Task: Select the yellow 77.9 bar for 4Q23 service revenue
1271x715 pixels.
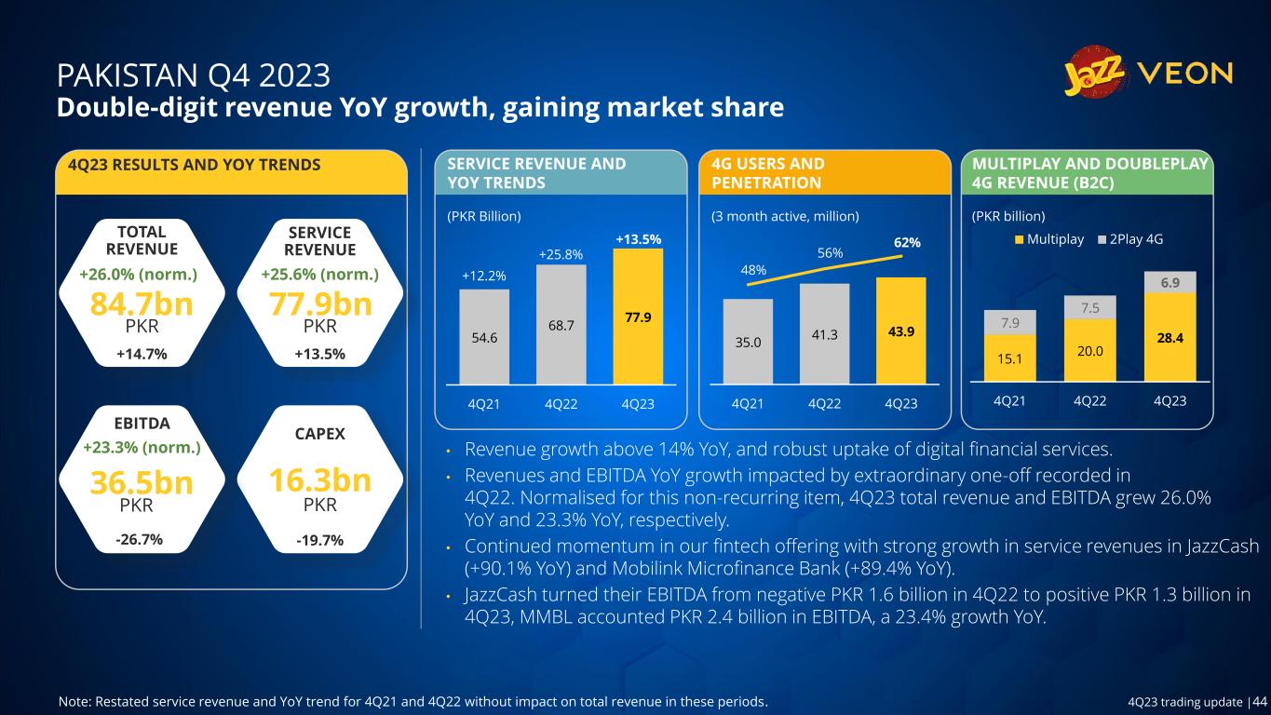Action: (638, 316)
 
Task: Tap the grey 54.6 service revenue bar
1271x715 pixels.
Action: (484, 336)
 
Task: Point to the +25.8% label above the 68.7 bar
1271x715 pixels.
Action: (561, 253)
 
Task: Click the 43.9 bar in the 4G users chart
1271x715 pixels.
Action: (900, 331)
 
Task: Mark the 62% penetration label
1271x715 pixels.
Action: (907, 242)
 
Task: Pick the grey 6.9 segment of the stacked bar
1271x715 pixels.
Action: (1170, 282)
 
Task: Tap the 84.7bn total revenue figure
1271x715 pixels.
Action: (142, 304)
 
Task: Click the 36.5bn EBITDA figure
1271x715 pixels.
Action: (142, 483)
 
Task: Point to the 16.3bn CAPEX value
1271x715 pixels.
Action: (320, 480)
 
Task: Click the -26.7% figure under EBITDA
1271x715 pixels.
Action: (142, 540)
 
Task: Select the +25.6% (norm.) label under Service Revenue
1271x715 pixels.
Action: (320, 275)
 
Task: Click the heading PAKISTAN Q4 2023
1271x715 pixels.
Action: (193, 74)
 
